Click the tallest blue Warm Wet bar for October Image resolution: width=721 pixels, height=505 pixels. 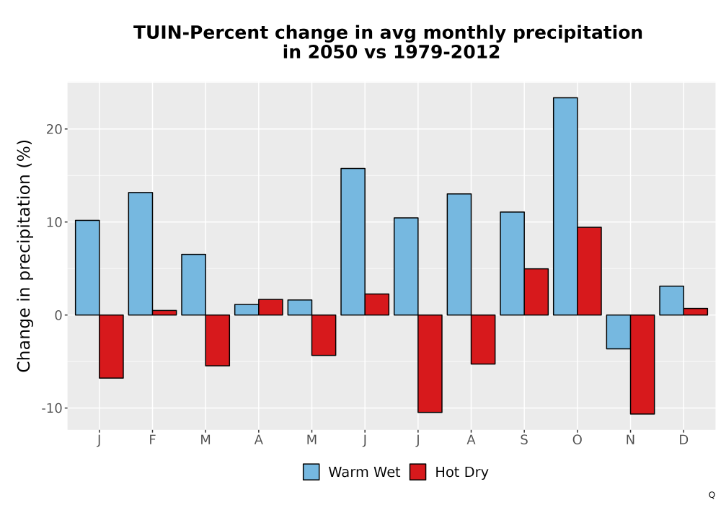click(x=565, y=206)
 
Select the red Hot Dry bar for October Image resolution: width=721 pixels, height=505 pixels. click(x=590, y=271)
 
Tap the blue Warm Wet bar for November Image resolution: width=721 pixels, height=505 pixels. click(x=619, y=332)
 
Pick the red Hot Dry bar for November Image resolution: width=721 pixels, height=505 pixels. click(x=642, y=364)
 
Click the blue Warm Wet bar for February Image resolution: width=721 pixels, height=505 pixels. click(x=141, y=253)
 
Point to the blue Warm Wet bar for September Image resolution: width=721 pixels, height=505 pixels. click(x=512, y=263)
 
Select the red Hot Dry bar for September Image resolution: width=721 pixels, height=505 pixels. click(x=536, y=291)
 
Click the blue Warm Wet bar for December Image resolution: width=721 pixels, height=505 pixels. click(x=671, y=300)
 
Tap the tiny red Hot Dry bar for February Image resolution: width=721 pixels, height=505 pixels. click(x=164, y=313)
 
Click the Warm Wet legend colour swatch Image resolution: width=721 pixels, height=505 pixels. click(x=311, y=472)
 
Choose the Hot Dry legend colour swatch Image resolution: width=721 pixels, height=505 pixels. click(x=417, y=472)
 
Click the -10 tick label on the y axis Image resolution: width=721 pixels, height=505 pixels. click(x=52, y=408)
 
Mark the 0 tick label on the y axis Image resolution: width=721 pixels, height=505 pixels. click(x=58, y=315)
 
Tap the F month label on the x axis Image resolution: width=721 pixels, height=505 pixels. click(x=152, y=440)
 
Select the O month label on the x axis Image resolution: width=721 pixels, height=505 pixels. click(x=577, y=440)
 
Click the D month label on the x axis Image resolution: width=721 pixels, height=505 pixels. click(x=684, y=440)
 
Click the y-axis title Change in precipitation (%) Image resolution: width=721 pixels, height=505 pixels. click(x=24, y=255)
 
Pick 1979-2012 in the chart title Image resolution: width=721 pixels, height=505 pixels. click(x=446, y=52)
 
